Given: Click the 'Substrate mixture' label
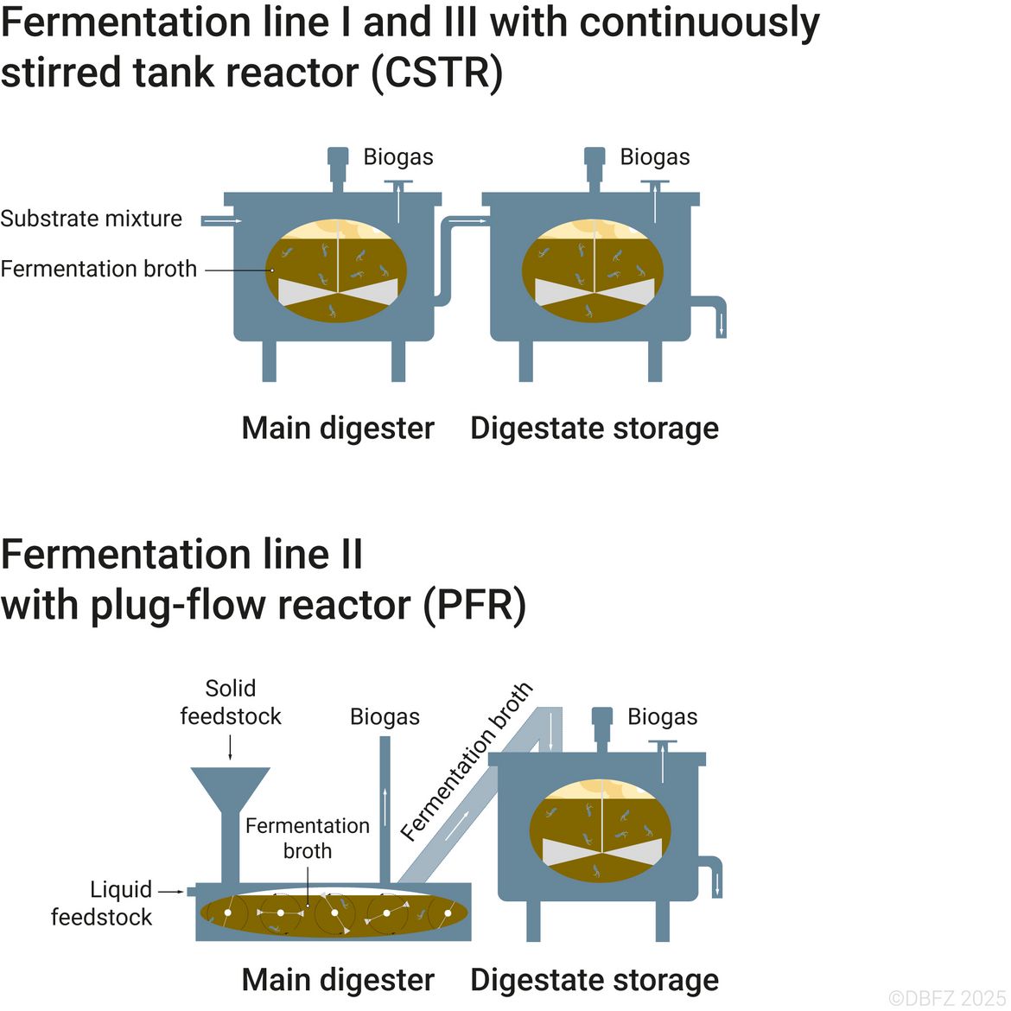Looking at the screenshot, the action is click(91, 219).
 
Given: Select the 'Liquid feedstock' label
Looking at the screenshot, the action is click(102, 903).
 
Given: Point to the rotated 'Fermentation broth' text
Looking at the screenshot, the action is click(467, 761).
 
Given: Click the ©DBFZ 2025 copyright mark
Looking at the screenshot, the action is click(946, 998).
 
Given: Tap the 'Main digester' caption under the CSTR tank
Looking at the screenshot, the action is click(338, 428).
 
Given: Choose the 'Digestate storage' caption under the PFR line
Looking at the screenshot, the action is click(595, 980).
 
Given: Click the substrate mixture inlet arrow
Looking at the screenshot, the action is click(222, 221).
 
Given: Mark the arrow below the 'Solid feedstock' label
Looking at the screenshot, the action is click(230, 747).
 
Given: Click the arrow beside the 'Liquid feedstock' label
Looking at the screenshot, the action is click(171, 892).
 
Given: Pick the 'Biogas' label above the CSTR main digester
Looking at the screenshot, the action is click(398, 156).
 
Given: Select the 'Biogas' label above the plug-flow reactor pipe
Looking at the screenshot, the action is click(385, 717).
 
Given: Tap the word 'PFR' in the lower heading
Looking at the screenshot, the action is click(474, 605).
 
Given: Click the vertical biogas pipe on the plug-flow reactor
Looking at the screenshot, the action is click(385, 810).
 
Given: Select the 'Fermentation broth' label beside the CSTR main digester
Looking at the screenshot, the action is click(99, 269).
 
